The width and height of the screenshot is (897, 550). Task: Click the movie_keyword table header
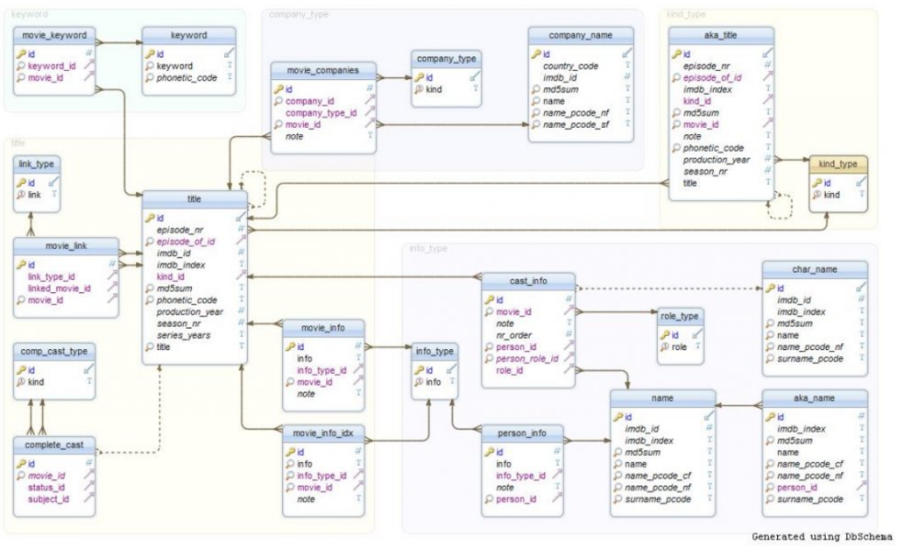point(54,35)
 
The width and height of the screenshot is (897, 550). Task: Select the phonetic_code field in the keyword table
point(187,78)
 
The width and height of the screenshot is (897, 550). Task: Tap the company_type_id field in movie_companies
point(321,113)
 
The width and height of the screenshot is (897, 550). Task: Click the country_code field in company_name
point(570,66)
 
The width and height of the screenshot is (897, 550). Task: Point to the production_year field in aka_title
point(717,160)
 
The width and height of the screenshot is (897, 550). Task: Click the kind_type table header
point(837,164)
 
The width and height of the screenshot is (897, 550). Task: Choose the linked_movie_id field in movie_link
point(59,289)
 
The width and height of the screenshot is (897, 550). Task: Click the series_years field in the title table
point(183,335)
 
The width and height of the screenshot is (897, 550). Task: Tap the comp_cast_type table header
point(54,351)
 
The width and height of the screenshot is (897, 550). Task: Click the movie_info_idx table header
point(322,432)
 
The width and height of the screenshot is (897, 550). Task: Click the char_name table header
point(815,268)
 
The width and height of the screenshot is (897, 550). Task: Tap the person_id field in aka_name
point(797,488)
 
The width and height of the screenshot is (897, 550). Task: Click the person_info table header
point(522,432)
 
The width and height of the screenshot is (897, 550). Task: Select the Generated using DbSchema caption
point(822,537)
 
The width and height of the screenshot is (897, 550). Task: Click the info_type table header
point(434,351)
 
